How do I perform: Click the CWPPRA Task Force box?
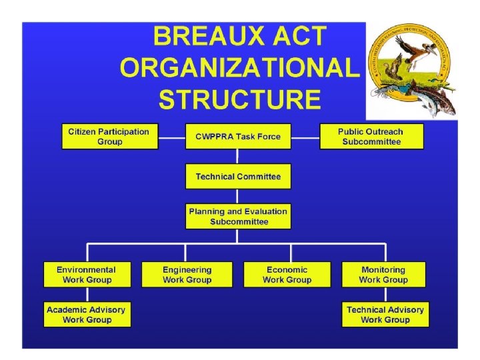tap(238, 137)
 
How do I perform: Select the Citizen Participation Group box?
tap(109, 137)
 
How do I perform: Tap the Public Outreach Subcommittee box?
tap(371, 137)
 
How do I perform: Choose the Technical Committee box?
tap(238, 177)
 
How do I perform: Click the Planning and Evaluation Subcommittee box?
tap(238, 217)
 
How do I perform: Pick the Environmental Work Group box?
tap(87, 275)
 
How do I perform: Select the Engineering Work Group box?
tap(187, 275)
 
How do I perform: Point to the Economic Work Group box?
tap(287, 275)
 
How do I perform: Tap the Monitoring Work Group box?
tap(383, 275)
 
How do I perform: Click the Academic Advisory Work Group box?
tap(87, 315)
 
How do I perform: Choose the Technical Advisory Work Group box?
tap(385, 315)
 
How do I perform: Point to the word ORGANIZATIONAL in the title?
tap(239, 67)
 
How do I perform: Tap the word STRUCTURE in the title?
tap(239, 99)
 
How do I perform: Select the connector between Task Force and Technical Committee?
tap(238, 157)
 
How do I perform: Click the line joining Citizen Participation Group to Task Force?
tap(171, 138)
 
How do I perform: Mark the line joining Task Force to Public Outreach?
tap(305, 138)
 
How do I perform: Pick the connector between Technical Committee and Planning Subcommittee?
tap(238, 197)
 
